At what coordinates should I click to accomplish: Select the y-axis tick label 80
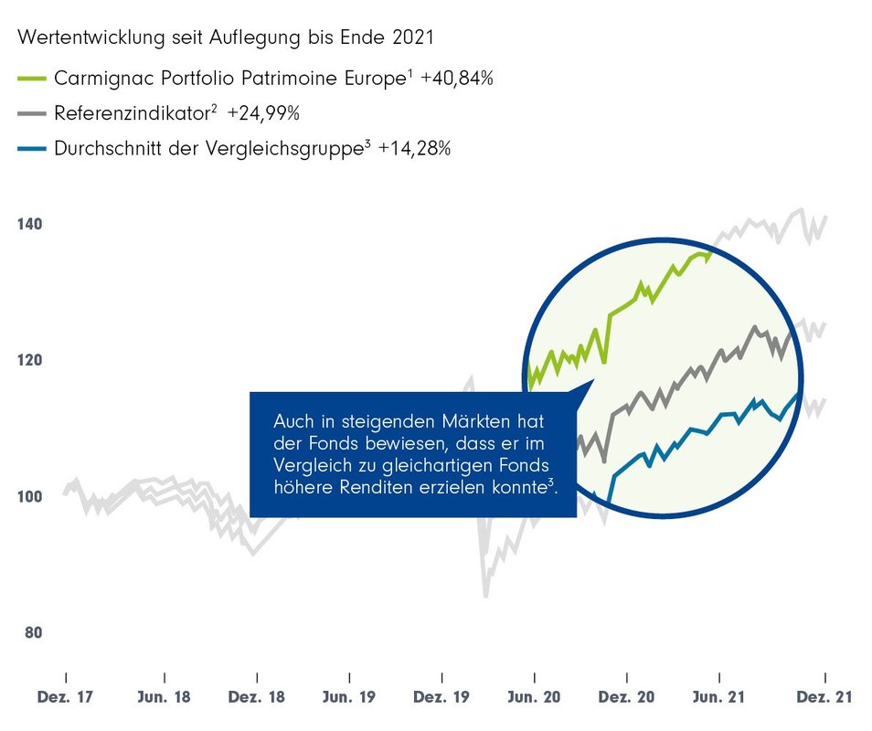(32, 632)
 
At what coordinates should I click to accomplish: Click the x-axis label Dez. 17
(66, 697)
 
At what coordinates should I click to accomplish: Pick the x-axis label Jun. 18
(165, 697)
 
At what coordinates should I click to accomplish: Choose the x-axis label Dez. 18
(258, 697)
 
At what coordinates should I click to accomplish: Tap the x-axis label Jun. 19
(350, 697)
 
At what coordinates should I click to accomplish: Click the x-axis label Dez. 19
(441, 697)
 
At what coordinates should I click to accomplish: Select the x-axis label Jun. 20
(535, 697)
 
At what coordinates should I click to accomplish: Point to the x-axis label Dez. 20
(627, 697)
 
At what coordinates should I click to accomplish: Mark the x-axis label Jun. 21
(719, 697)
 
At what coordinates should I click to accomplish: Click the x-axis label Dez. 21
(825, 697)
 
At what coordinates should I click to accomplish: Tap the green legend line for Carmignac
(33, 79)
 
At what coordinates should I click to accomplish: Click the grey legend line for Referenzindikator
(33, 114)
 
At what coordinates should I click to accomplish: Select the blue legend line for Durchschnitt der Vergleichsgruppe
(33, 149)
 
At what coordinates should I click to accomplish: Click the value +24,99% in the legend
(264, 114)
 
